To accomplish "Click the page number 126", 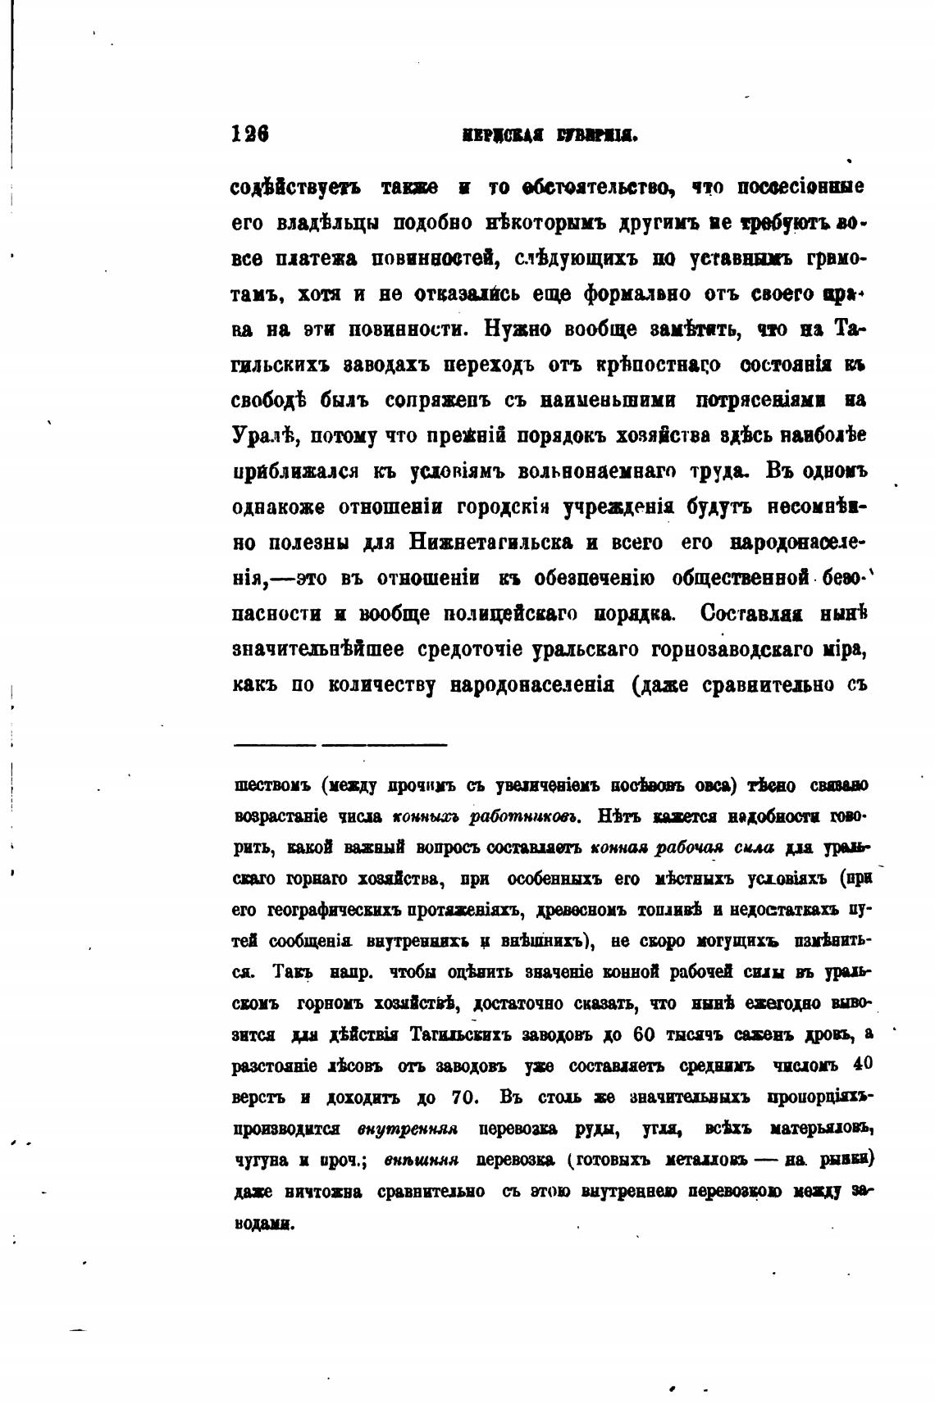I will [x=251, y=134].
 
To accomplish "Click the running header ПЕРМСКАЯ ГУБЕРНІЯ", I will [x=539, y=135].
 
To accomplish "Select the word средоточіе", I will [x=466, y=649].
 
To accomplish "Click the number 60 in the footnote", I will [x=643, y=1034].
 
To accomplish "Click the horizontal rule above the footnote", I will [x=340, y=745].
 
